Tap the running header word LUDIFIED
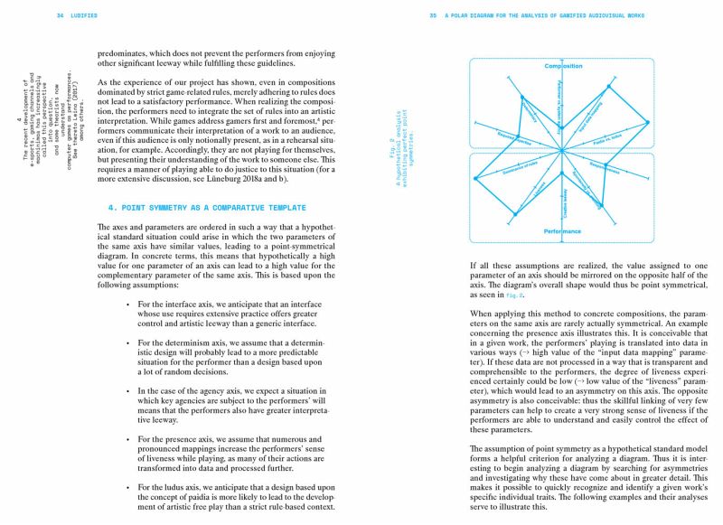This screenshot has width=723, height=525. click(87, 15)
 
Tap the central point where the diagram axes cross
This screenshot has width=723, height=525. click(562, 150)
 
